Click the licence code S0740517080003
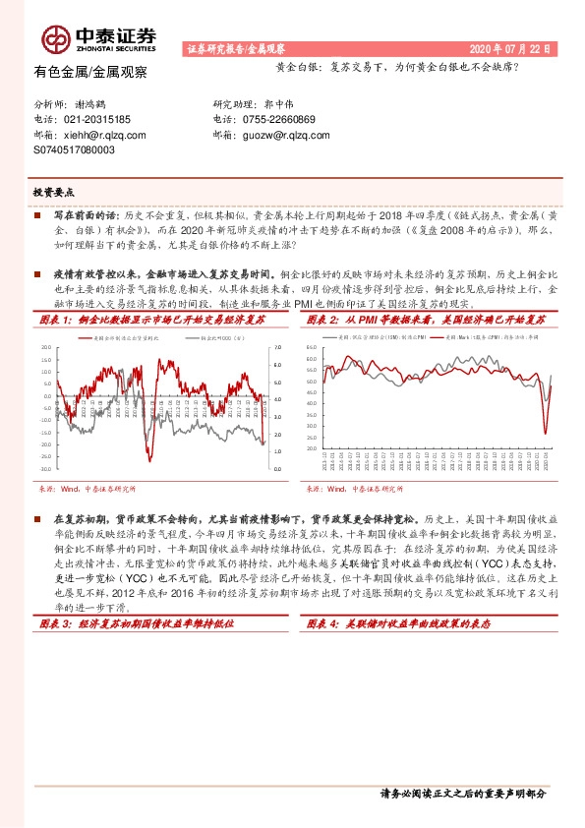(74, 150)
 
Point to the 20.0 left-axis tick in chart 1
(46, 348)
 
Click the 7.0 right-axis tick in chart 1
(276, 348)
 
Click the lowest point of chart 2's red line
(546, 433)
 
